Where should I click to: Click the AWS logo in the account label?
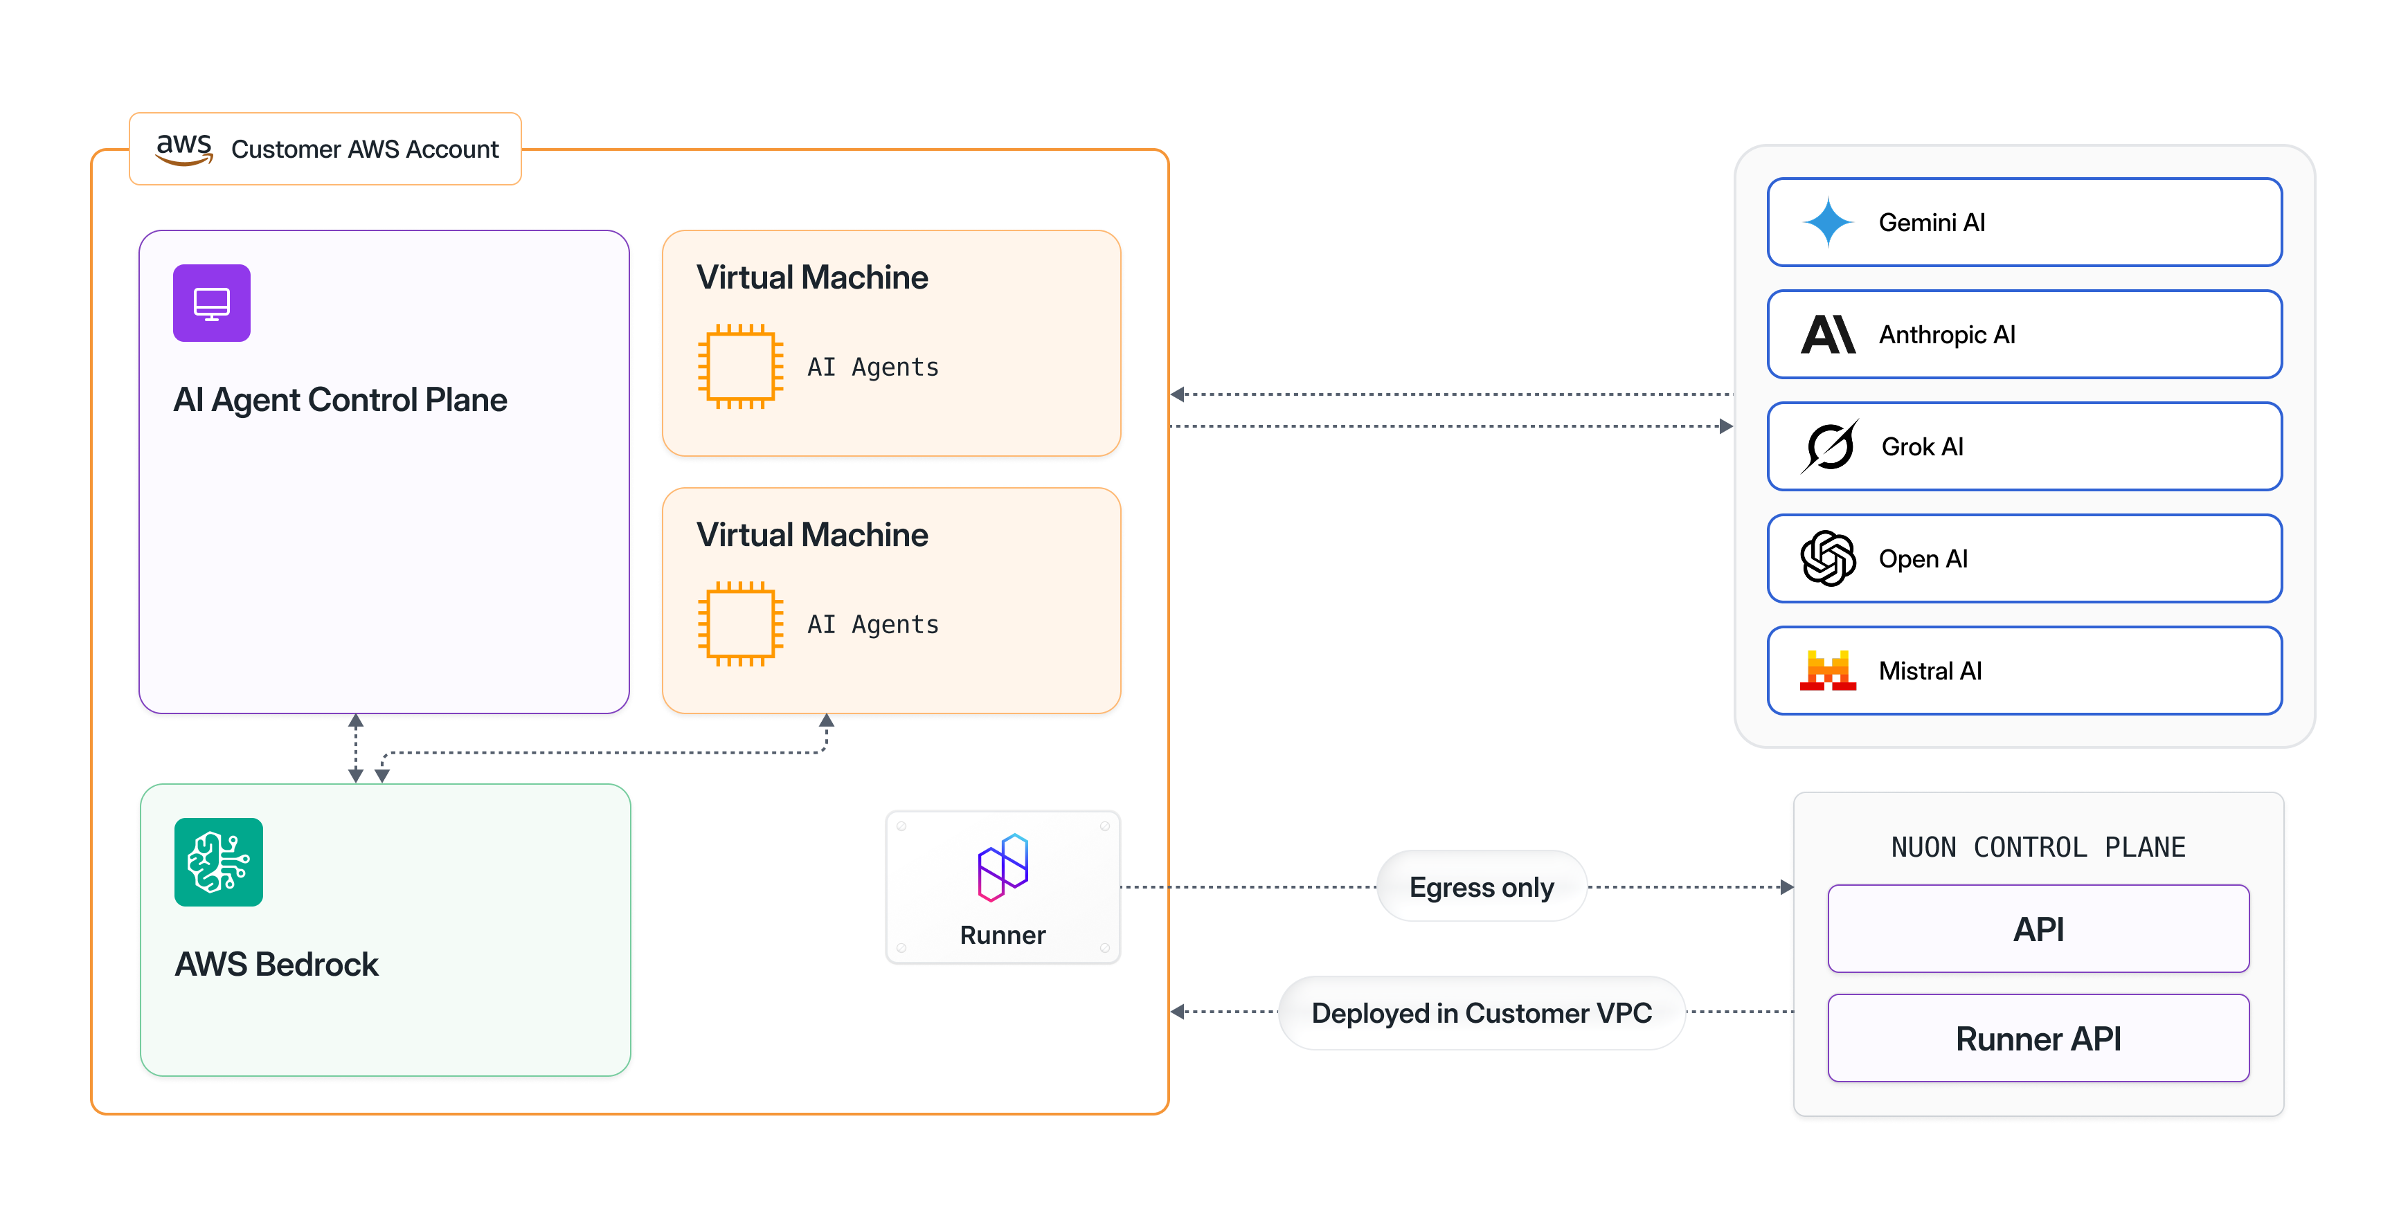(184, 149)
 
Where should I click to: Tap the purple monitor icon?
(211, 303)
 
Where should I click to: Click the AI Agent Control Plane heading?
(339, 400)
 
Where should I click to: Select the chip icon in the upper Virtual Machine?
(740, 366)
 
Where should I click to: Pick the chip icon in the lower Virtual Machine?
(740, 623)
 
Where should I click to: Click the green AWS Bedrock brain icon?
(219, 862)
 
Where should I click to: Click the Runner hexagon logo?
(1003, 867)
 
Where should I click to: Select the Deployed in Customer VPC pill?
(1482, 1012)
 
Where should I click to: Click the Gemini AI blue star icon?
(1828, 222)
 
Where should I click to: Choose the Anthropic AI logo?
(1828, 335)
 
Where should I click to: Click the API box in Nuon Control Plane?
(2038, 929)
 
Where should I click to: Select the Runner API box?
(2038, 1038)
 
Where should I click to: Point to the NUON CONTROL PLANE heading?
(2038, 847)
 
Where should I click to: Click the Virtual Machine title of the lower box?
(811, 535)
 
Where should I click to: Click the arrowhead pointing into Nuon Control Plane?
(1786, 887)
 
